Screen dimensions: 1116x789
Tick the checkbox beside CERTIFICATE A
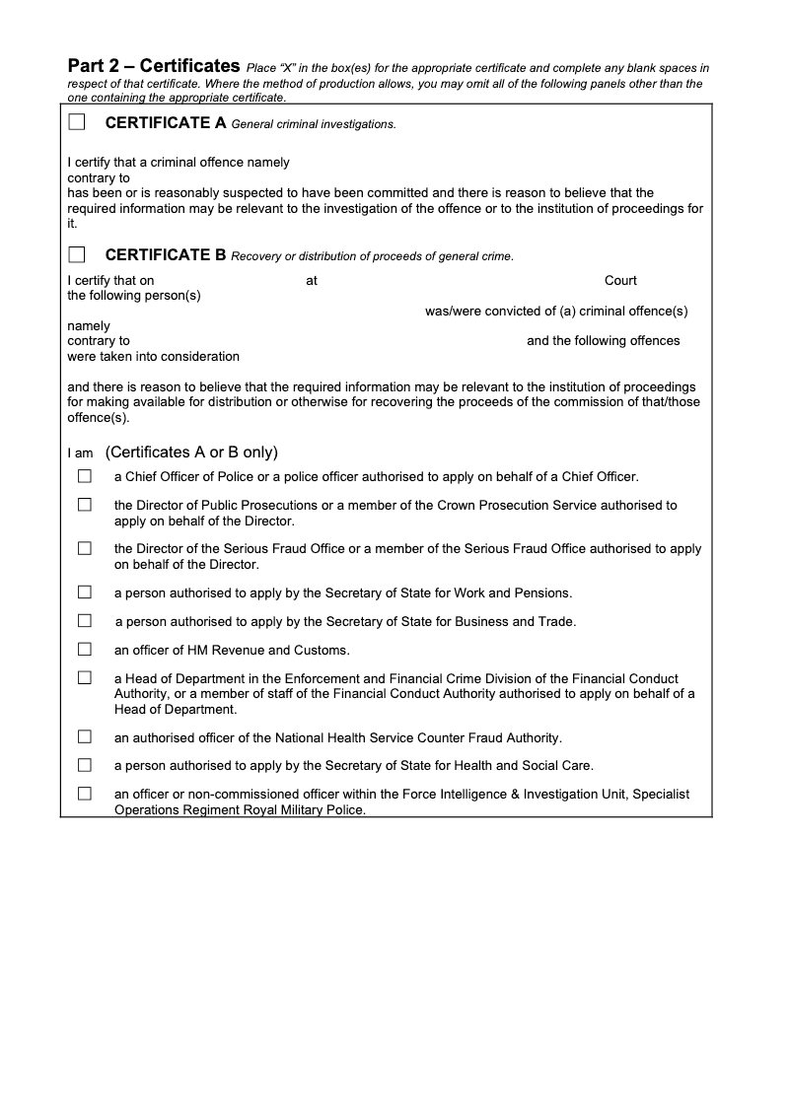pos(77,122)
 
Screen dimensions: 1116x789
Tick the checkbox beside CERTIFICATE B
pos(77,254)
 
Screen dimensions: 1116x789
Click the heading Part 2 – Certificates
pos(154,67)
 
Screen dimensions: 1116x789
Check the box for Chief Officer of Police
pos(85,476)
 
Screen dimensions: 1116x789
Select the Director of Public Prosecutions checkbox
pos(85,505)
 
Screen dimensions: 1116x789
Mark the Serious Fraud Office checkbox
pos(85,548)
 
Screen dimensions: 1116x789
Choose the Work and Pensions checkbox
pos(85,593)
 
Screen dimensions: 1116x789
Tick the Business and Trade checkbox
pos(85,621)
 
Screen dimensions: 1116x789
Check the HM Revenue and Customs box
pos(85,650)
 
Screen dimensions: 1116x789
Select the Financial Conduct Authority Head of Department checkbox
pos(85,678)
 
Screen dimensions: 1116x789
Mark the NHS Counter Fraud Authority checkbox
pos(85,736)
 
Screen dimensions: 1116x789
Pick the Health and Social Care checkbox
pos(85,765)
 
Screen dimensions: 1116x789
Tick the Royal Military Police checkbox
pos(85,794)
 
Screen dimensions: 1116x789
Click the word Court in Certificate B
pos(620,281)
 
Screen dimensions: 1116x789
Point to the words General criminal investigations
pos(313,124)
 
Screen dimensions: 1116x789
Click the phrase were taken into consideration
pos(153,356)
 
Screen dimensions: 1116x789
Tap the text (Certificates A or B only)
pos(191,453)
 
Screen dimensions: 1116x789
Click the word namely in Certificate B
pos(89,326)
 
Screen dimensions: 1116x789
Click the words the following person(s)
pos(134,296)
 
